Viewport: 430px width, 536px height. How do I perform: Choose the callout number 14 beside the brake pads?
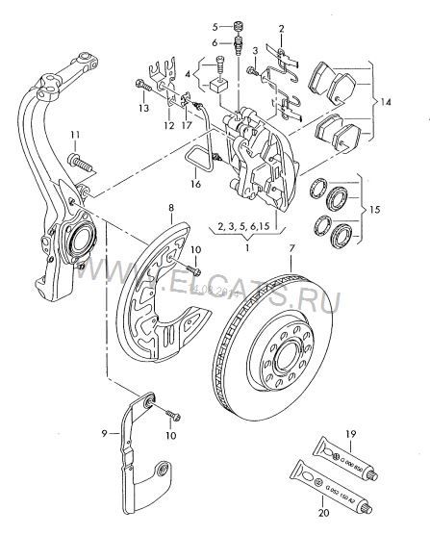point(387,101)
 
